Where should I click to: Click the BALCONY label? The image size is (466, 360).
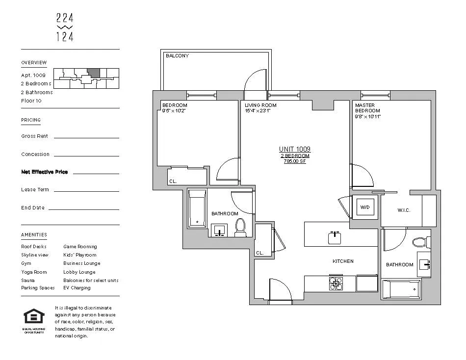point(177,56)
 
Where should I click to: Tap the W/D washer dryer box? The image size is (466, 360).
point(365,207)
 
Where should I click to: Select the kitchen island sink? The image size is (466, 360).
point(335,237)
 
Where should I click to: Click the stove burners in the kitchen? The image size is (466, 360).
point(336,283)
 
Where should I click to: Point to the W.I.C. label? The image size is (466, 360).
point(403,210)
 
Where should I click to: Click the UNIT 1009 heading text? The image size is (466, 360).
point(294,149)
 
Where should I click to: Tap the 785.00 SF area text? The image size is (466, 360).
point(294,161)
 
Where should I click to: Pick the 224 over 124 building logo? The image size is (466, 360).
point(65,27)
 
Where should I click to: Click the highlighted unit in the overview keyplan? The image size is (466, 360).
point(94,73)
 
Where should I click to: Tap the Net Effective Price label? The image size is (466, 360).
point(45,172)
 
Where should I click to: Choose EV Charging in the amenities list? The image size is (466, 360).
point(77,288)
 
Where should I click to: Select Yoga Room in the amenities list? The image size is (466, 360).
point(34,272)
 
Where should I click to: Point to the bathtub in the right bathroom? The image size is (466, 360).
point(401,289)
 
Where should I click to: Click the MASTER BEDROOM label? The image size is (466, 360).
point(364,108)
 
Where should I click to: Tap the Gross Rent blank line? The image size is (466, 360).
point(86,137)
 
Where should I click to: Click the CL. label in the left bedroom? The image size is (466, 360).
point(173,181)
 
